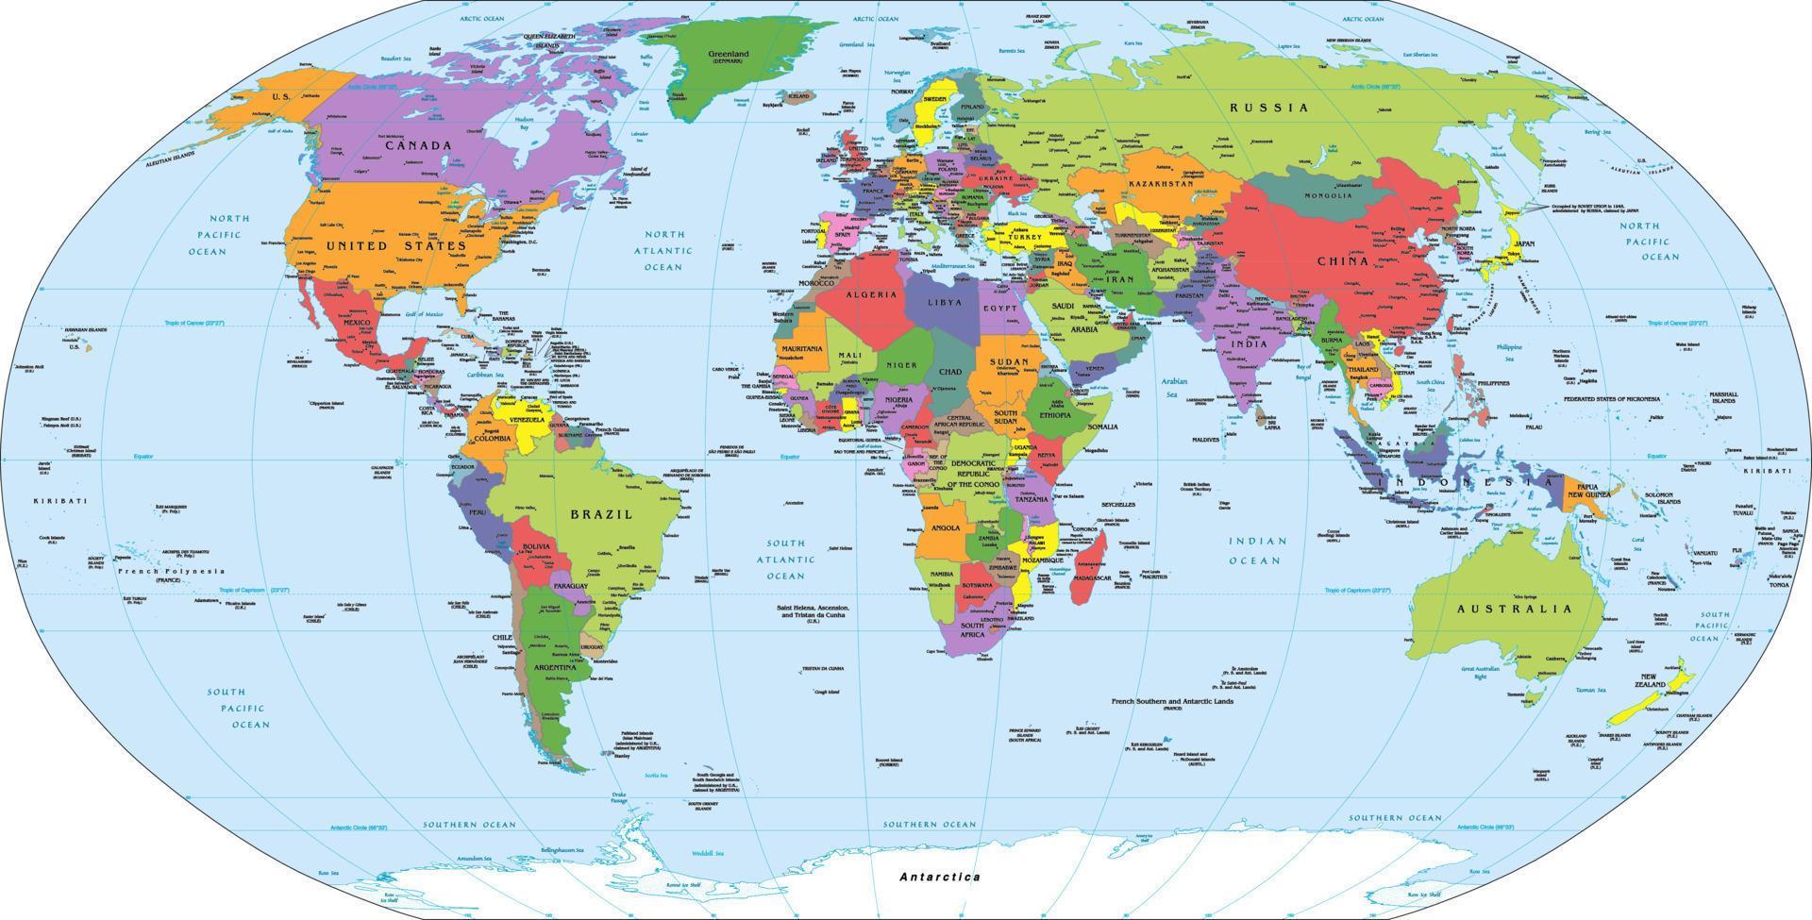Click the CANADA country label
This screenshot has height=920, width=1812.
pyautogui.click(x=418, y=145)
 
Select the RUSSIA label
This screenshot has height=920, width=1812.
pyautogui.click(x=1268, y=108)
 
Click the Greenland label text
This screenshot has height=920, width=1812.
pyautogui.click(x=728, y=54)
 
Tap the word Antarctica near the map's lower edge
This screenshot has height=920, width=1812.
pyautogui.click(x=939, y=877)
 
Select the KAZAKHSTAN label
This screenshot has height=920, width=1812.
pyautogui.click(x=1161, y=183)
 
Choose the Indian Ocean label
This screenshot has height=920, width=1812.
pyautogui.click(x=1257, y=550)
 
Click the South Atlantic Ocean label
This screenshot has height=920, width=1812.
pyautogui.click(x=785, y=559)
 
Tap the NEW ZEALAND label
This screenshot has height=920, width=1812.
pyautogui.click(x=1660, y=681)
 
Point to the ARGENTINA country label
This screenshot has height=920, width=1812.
pyautogui.click(x=554, y=667)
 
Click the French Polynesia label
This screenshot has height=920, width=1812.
pyautogui.click(x=171, y=571)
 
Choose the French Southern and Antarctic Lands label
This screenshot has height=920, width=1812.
pyautogui.click(x=1172, y=702)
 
